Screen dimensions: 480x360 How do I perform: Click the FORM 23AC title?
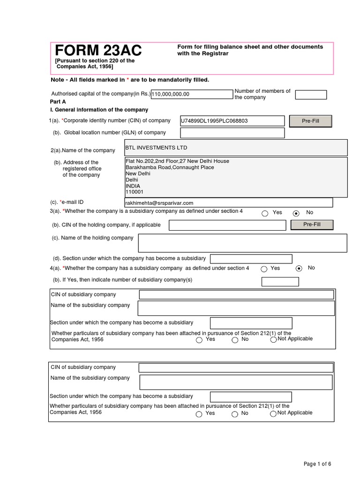click(98, 51)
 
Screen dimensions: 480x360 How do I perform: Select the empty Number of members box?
click(311, 95)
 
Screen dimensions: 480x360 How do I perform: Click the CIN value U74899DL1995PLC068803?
click(214, 121)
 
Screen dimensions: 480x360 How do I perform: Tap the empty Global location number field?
click(232, 133)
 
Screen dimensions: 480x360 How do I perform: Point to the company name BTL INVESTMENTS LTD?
click(156, 148)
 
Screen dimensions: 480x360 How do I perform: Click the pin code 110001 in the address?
click(135, 192)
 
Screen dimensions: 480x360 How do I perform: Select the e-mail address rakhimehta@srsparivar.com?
click(159, 203)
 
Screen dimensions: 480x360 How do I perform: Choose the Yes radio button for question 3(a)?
click(265, 213)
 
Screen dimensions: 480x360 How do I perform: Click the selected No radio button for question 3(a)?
click(296, 213)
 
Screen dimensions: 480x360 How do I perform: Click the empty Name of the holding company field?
click(242, 243)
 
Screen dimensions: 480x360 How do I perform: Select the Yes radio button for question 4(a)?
click(264, 269)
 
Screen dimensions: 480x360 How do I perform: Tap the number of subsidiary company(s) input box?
click(280, 282)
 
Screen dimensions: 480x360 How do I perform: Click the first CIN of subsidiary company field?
click(236, 294)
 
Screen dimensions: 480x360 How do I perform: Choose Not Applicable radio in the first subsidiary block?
click(273, 340)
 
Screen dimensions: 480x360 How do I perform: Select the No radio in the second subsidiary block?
click(235, 414)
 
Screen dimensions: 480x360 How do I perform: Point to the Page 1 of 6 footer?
click(317, 464)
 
